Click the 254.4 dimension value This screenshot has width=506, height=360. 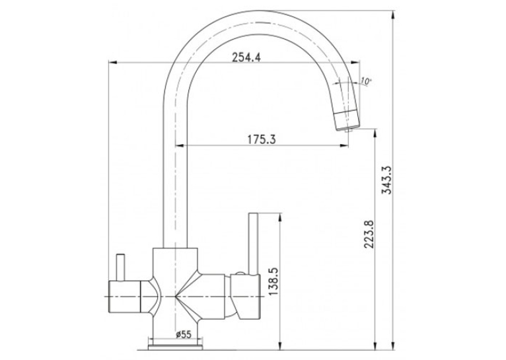pyautogui.click(x=246, y=57)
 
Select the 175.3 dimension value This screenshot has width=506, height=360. pyautogui.click(x=262, y=139)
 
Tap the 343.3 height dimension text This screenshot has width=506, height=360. pyautogui.click(x=386, y=180)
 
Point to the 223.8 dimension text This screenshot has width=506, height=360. pyautogui.click(x=369, y=234)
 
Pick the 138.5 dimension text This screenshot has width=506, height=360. pyautogui.click(x=273, y=281)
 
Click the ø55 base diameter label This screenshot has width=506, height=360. pyautogui.click(x=184, y=334)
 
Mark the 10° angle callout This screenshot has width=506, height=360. pyautogui.click(x=365, y=81)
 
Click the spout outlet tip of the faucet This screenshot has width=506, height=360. pyautogui.click(x=347, y=129)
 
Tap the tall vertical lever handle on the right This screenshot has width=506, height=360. pyautogui.click(x=253, y=244)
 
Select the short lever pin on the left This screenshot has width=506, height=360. pyautogui.click(x=121, y=267)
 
